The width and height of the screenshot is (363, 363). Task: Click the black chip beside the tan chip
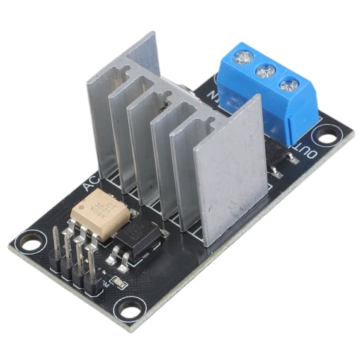pos(140,236)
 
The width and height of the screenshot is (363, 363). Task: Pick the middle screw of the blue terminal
pos(265,71)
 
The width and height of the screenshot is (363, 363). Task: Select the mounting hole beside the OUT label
pos(328,134)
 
